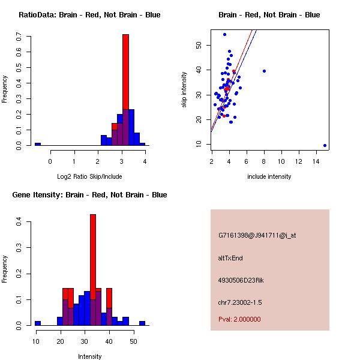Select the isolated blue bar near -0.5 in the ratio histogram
(x=37, y=144)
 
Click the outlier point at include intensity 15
(x=325, y=145)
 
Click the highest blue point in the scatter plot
(x=224, y=34)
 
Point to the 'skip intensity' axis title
(x=184, y=90)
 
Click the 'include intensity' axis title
(x=269, y=176)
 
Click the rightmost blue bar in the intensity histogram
(x=142, y=323)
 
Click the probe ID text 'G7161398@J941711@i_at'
(x=257, y=235)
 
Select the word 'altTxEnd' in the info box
(x=230, y=258)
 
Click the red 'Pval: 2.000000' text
(x=239, y=319)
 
